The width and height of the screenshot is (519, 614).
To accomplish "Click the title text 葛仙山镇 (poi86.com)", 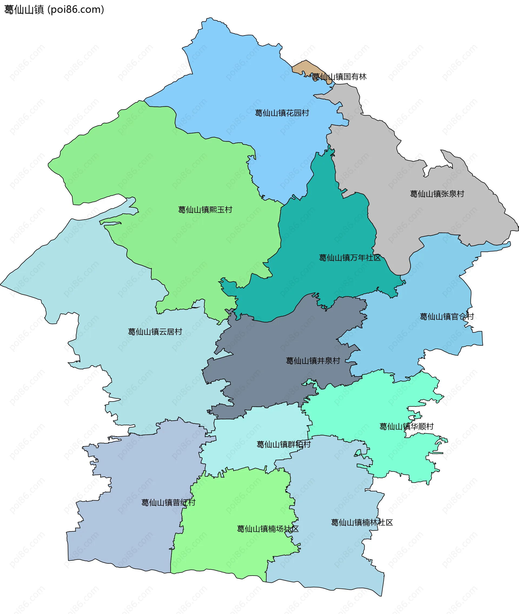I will [x=54, y=10].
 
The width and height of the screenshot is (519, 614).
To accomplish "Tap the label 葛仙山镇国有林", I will [x=339, y=77].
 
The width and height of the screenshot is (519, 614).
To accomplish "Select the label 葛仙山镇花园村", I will [x=282, y=113].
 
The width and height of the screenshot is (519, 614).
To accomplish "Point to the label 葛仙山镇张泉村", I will [x=437, y=194].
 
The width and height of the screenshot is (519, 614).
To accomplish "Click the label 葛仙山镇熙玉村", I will [x=205, y=210].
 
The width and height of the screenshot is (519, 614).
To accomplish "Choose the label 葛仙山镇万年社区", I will [x=350, y=258].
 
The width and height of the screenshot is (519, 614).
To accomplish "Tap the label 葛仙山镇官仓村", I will [x=447, y=317].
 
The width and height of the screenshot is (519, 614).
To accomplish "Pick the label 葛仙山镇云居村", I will [x=155, y=332].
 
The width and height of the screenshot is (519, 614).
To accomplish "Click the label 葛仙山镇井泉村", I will [x=313, y=361].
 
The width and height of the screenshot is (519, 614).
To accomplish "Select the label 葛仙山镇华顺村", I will [x=406, y=427].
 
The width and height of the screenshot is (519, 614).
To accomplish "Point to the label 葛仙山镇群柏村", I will [x=284, y=445].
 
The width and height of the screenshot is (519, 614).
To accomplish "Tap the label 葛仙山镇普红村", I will [x=168, y=503].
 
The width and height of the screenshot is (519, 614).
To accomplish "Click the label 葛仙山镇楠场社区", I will [x=268, y=529].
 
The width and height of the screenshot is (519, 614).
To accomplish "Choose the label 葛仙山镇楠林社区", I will [x=362, y=523].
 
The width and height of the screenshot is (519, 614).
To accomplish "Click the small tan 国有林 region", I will [x=303, y=67].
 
